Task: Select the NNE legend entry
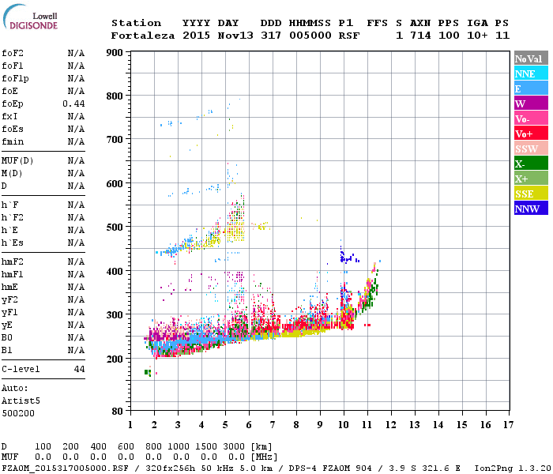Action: click(531, 73)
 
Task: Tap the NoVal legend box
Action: click(531, 58)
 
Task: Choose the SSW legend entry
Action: click(531, 149)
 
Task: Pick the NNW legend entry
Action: click(531, 209)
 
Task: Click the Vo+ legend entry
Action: click(531, 134)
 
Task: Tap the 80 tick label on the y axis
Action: click(117, 412)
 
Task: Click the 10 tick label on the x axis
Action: click(343, 425)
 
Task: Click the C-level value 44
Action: click(79, 369)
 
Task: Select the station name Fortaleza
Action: click(143, 36)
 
